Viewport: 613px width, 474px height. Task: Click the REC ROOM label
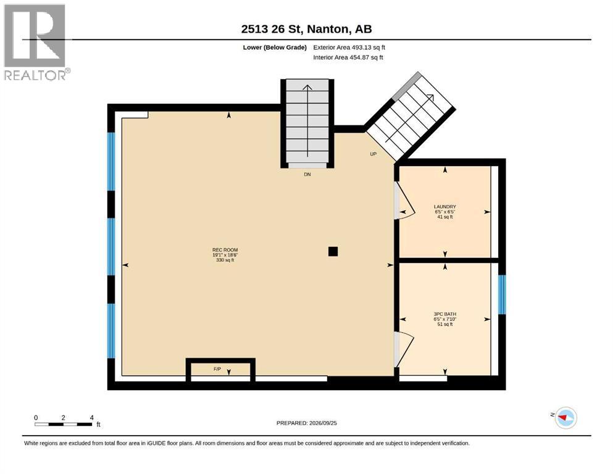[x=225, y=250]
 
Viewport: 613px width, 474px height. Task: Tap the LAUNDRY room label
[x=445, y=207]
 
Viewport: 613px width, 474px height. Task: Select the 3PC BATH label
[x=445, y=314]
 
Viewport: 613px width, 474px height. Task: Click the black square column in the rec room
[x=333, y=251]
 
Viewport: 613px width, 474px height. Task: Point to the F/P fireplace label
[x=217, y=369]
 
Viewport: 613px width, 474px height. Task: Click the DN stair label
[x=307, y=174]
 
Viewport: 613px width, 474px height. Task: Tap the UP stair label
[x=373, y=154]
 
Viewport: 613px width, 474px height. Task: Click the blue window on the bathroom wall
[x=502, y=294]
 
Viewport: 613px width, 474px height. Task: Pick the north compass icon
[x=565, y=418]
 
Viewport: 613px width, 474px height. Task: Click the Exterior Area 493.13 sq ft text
[x=349, y=48]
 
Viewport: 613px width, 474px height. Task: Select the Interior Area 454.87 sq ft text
[x=348, y=57]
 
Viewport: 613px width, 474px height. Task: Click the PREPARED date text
[x=306, y=423]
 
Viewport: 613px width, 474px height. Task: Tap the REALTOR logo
[x=36, y=42]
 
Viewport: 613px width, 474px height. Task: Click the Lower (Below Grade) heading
[x=275, y=48]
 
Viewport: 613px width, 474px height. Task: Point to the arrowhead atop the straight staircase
[x=307, y=88]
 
